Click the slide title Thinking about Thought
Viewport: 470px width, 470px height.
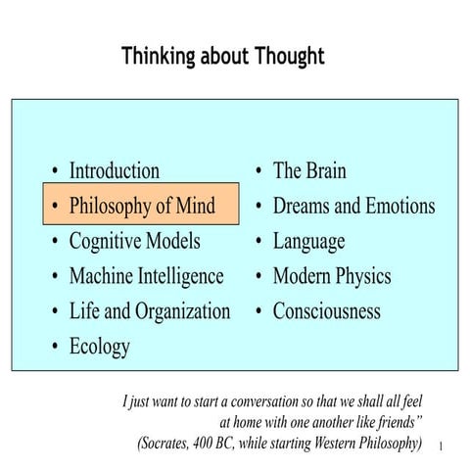(x=222, y=56)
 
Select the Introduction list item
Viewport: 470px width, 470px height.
(x=114, y=171)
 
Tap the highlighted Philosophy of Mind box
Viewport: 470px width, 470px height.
(x=143, y=206)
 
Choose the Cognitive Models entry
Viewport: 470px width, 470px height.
(x=134, y=241)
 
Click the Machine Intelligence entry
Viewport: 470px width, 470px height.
(x=146, y=276)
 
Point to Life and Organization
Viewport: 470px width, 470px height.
(x=149, y=311)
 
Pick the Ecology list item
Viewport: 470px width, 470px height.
(x=99, y=347)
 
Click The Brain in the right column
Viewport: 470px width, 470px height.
(x=309, y=171)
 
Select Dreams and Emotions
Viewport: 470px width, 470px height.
(x=353, y=206)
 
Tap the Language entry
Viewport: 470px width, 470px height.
(x=308, y=241)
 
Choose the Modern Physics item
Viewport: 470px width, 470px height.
(x=331, y=276)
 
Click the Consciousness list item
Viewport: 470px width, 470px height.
(x=326, y=311)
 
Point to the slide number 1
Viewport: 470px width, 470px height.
(x=443, y=446)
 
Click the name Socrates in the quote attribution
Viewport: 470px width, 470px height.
(x=173, y=444)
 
